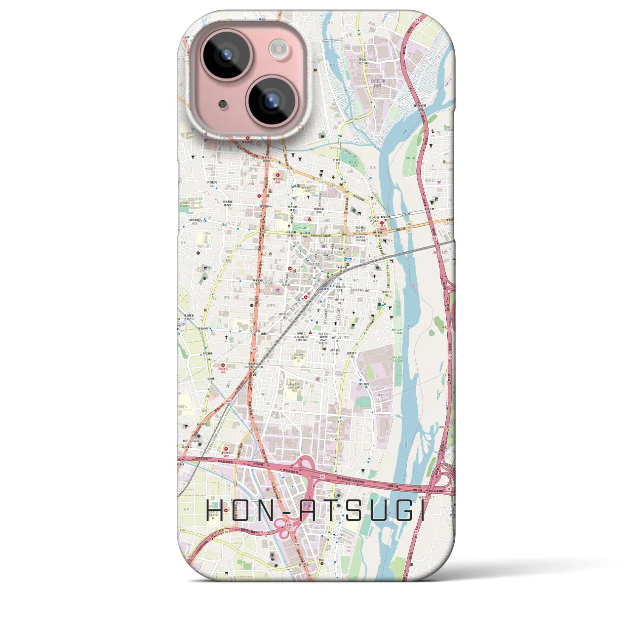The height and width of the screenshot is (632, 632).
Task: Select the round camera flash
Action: point(280,48)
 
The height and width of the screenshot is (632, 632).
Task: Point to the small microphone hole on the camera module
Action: point(223,104)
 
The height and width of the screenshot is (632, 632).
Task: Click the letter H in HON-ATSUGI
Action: point(216,511)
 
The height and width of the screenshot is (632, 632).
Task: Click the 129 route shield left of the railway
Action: point(254,350)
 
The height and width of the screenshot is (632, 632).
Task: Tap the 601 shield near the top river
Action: point(356,119)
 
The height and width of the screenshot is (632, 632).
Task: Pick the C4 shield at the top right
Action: point(417,19)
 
